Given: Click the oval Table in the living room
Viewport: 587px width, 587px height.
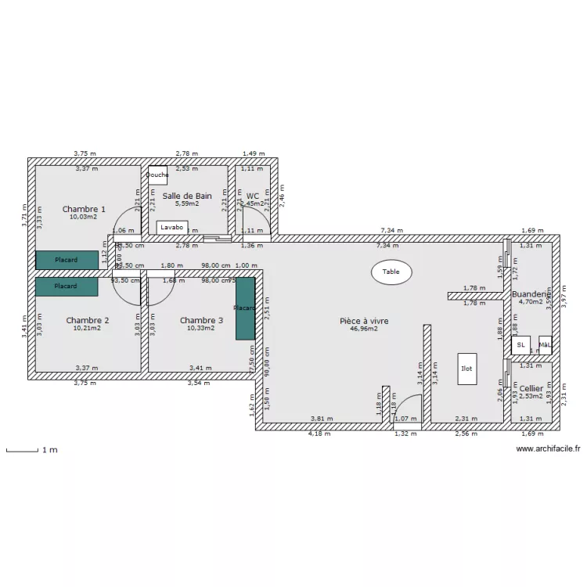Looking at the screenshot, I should click(x=391, y=272).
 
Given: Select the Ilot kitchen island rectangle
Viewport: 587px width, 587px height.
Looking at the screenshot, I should click(x=466, y=368).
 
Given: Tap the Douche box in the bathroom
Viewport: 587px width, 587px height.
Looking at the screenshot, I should click(x=157, y=175).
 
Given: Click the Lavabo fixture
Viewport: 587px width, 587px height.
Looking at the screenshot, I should click(x=172, y=227).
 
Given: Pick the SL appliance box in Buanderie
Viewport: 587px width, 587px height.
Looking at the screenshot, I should click(x=520, y=344).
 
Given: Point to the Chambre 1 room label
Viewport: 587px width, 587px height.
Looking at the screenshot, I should click(x=84, y=209).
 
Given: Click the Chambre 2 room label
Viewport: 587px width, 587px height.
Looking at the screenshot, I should click(x=87, y=320).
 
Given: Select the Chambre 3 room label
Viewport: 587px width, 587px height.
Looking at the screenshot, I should click(x=201, y=320).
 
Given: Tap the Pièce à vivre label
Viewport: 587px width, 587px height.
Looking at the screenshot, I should click(x=364, y=321).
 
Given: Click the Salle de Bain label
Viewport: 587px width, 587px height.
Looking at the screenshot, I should click(x=187, y=196).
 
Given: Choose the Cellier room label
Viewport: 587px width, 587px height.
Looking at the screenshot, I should click(x=531, y=388).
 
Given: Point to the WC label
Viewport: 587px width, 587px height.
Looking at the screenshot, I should click(x=252, y=196).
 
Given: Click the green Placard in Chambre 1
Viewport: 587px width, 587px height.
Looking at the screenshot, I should click(x=67, y=260).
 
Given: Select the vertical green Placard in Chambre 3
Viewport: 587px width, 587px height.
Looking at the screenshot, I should click(x=246, y=308).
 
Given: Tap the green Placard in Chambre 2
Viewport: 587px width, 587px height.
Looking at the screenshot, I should click(x=67, y=286).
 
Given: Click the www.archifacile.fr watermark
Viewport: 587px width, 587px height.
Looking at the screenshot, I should click(x=547, y=449).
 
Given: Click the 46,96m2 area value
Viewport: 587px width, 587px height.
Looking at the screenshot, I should click(x=364, y=330).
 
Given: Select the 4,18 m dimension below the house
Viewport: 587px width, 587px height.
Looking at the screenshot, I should click(x=319, y=434).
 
